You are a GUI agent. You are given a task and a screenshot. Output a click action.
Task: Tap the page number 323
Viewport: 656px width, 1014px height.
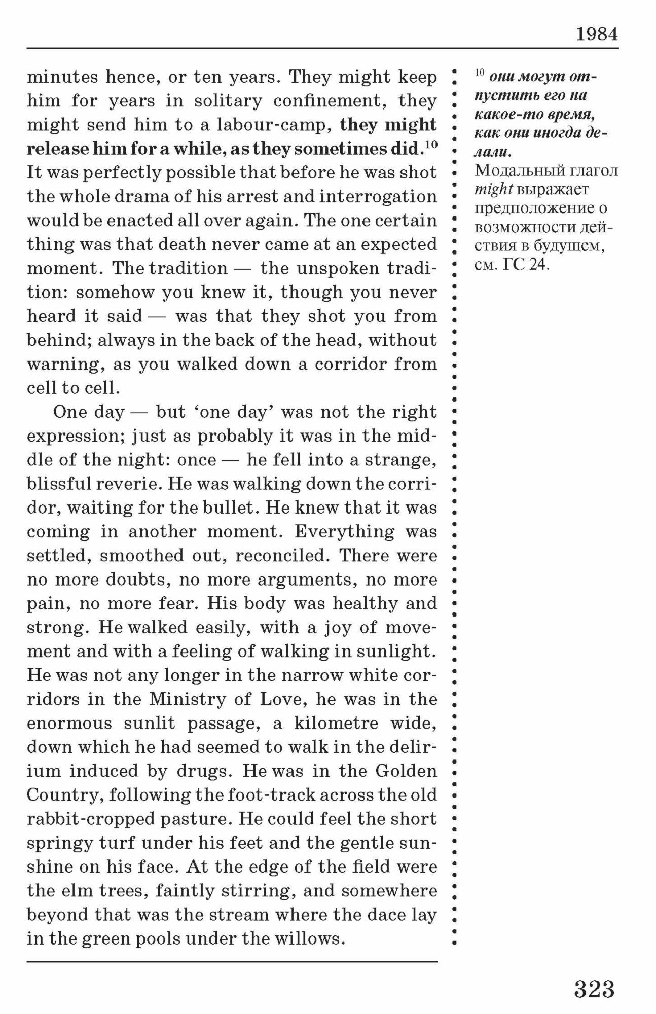coord(594,989)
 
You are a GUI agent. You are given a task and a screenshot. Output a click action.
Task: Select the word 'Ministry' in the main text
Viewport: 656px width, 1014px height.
coord(186,699)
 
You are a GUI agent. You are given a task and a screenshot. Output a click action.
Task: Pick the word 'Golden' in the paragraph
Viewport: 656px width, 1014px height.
coord(406,771)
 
